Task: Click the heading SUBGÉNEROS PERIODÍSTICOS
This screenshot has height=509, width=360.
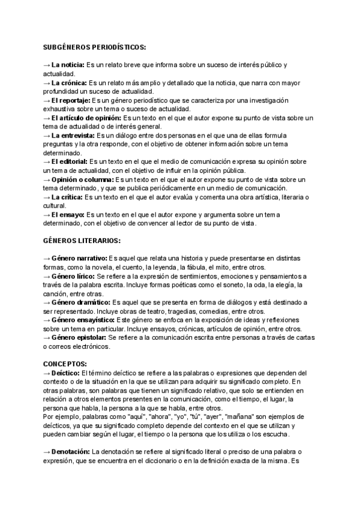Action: tap(94, 47)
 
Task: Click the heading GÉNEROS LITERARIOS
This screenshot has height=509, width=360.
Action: tap(82, 241)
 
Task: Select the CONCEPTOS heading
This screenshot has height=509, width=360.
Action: tap(65, 364)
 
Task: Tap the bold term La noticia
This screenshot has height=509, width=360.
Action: tap(68, 64)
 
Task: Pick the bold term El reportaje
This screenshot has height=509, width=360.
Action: tap(71, 100)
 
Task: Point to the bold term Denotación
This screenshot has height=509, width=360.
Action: tap(70, 452)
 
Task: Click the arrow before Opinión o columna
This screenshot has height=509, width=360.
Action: tap(46, 179)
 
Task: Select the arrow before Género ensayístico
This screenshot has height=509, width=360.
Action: tap(46, 321)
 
